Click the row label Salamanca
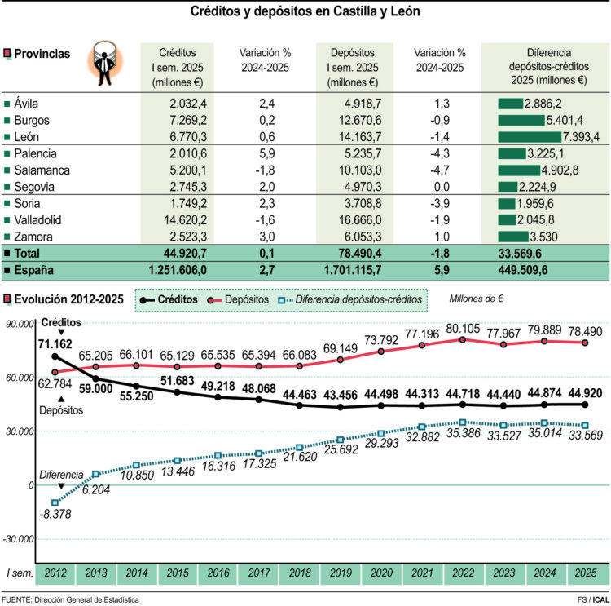(42, 170)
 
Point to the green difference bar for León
(538, 136)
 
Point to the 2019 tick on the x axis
(341, 573)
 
